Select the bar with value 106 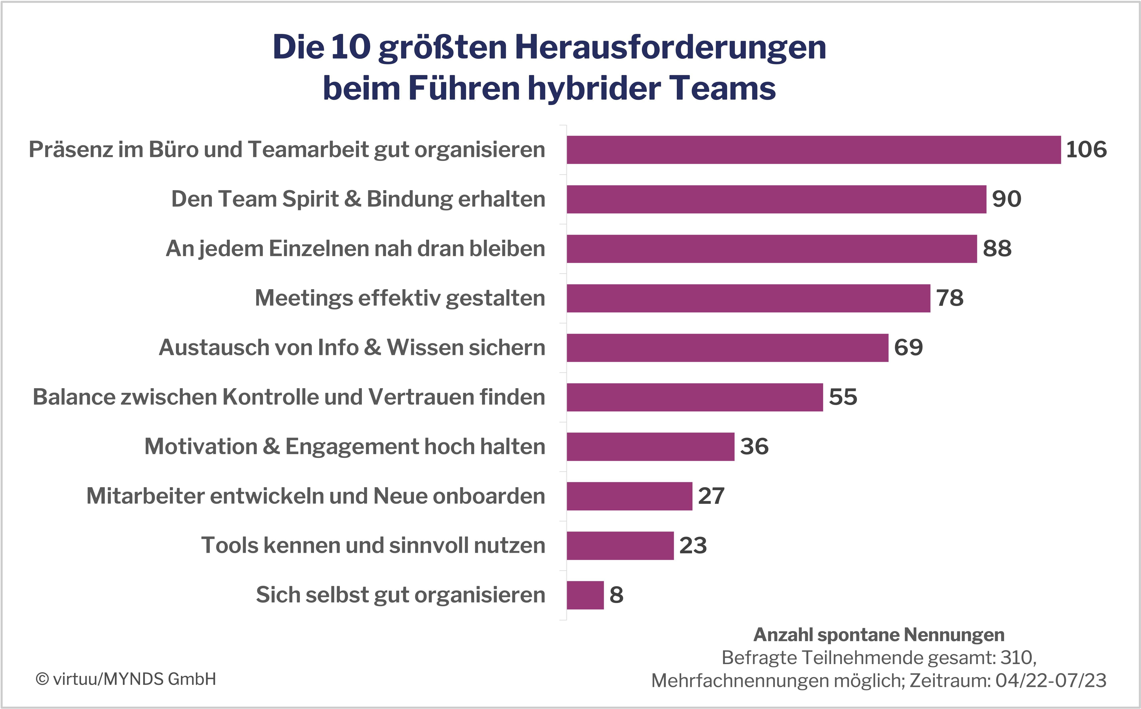(813, 150)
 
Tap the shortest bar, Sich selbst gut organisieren (585, 595)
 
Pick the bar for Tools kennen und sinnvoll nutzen (620, 546)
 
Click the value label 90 (1007, 199)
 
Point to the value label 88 (997, 249)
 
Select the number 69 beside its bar (908, 348)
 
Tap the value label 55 (843, 397)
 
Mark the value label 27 (711, 496)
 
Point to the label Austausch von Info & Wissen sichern (352, 348)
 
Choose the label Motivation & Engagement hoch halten (345, 446)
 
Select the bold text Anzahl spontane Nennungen (879, 635)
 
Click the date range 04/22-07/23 (1051, 680)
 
